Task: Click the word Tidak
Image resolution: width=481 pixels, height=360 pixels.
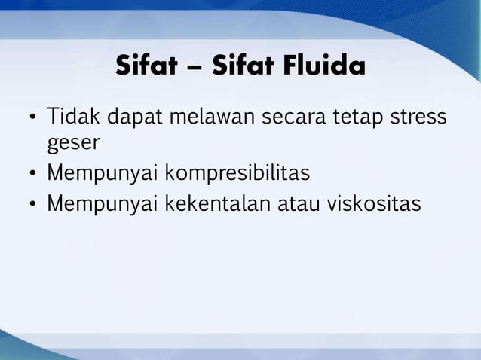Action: click(x=73, y=119)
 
